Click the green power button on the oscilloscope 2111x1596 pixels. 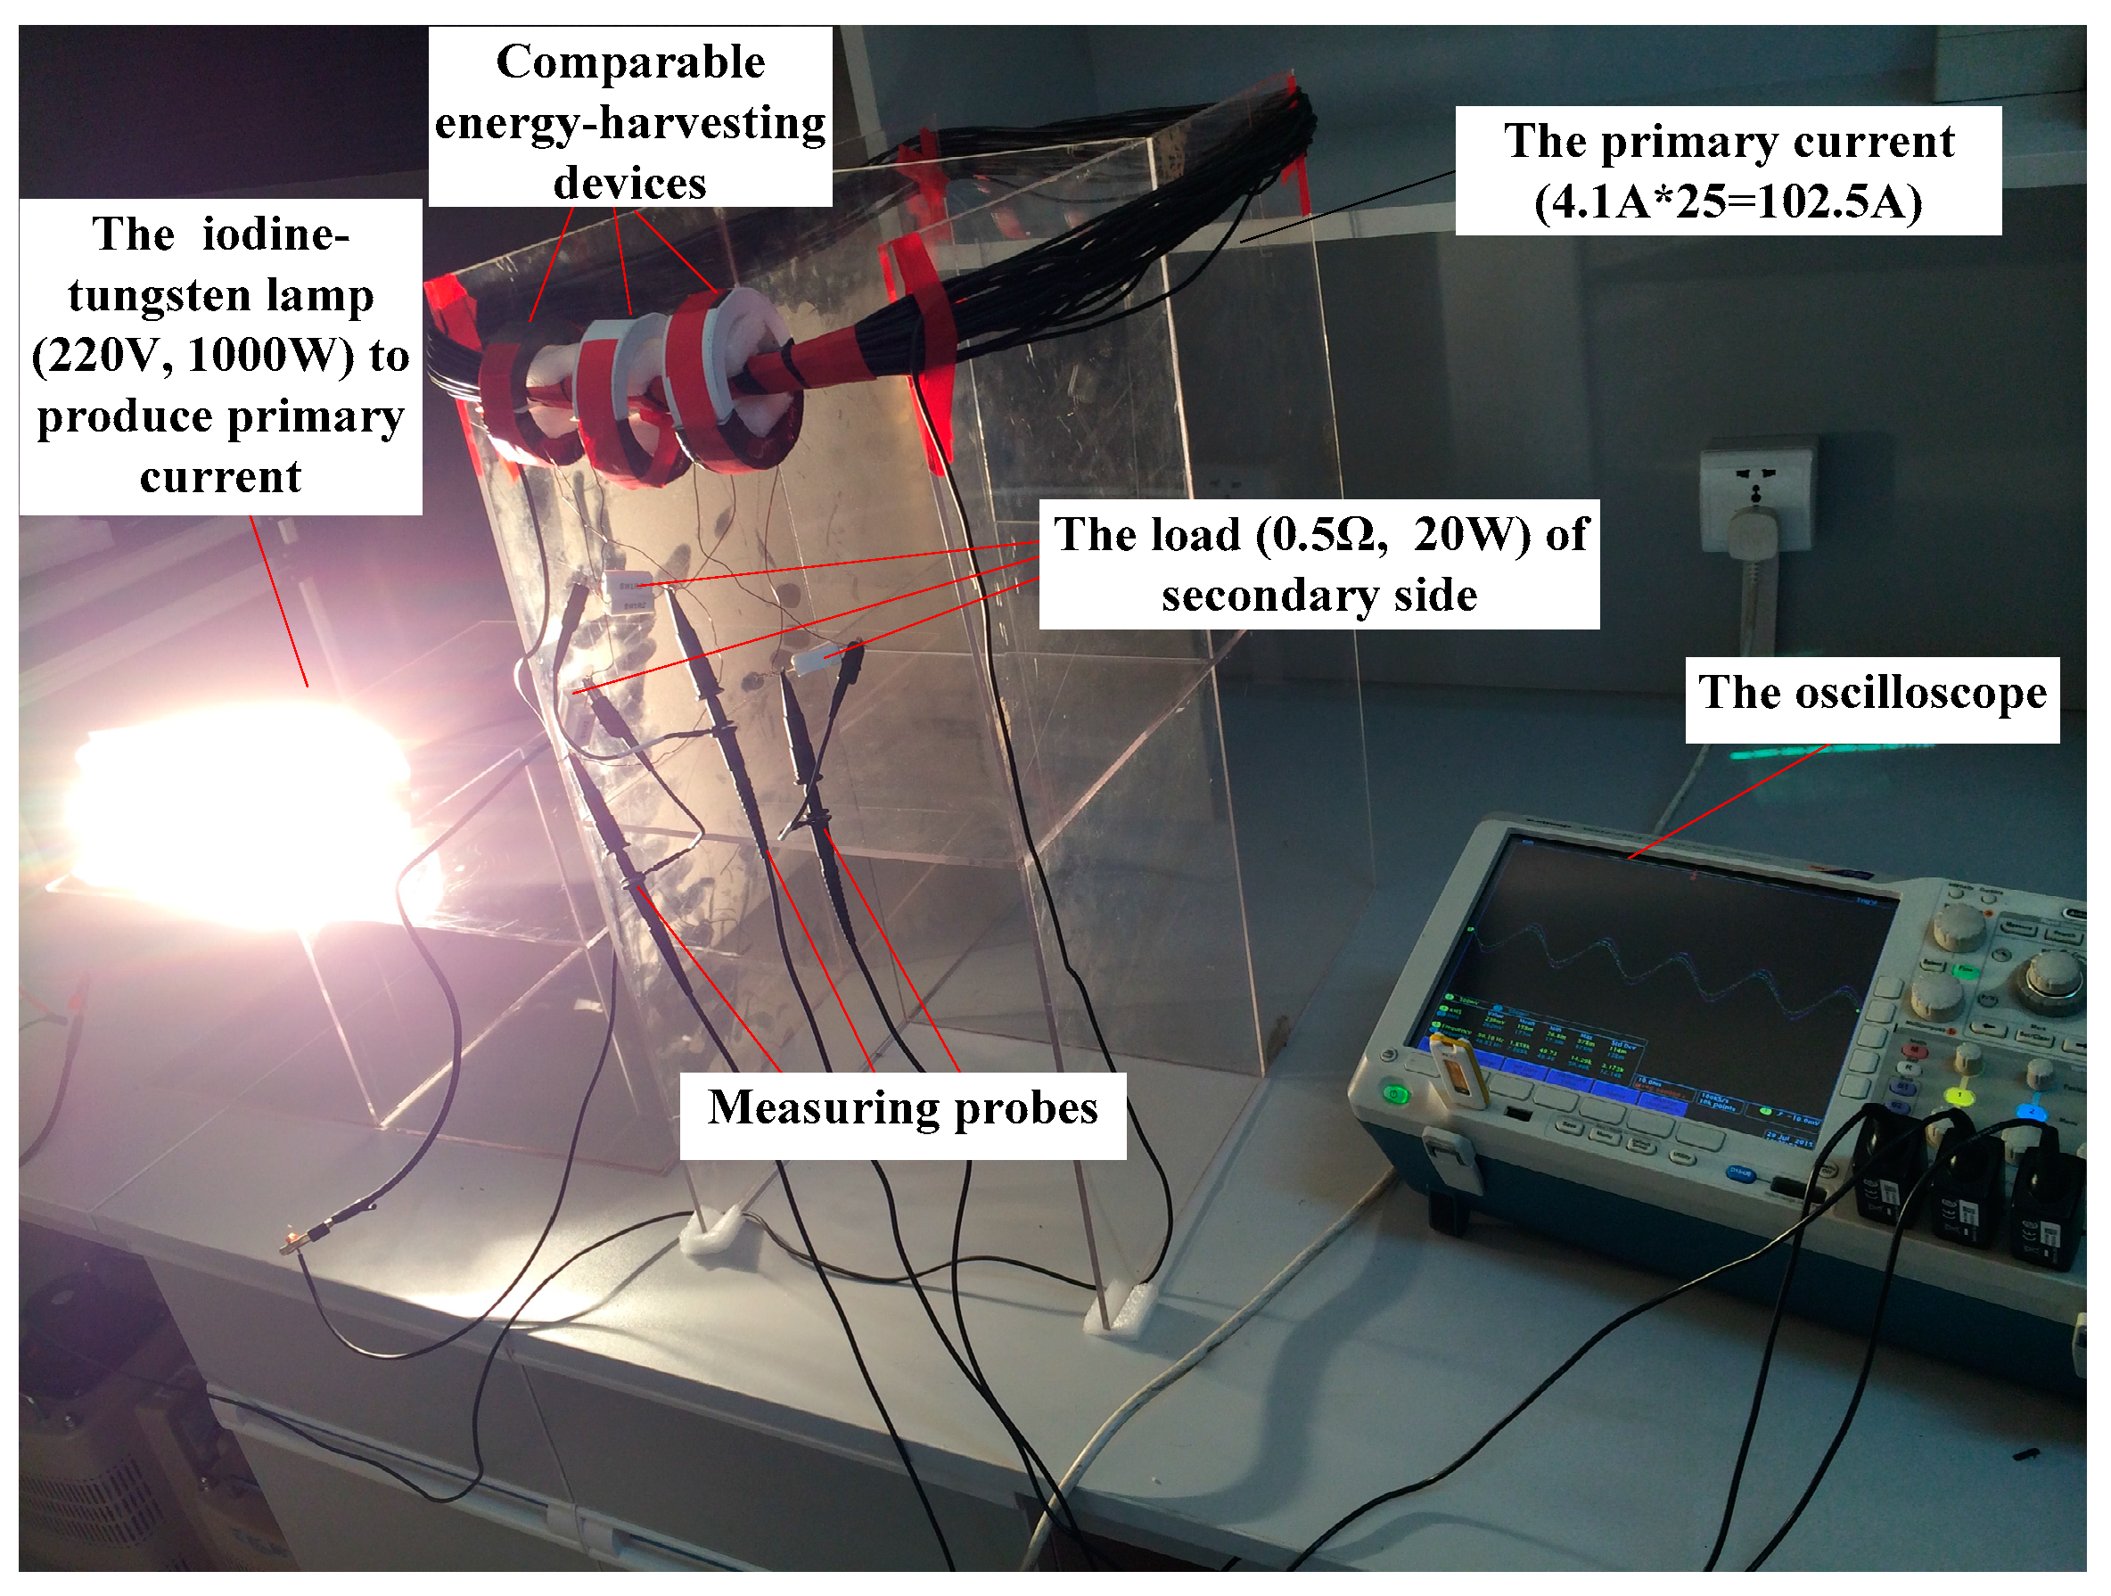pos(1395,1094)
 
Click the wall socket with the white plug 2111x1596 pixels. pos(1754,506)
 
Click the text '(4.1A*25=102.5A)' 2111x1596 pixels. pos(1728,202)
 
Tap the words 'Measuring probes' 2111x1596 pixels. pos(902,1108)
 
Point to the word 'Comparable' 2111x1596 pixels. pos(630,63)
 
